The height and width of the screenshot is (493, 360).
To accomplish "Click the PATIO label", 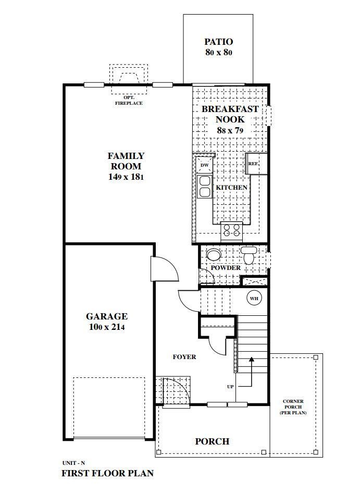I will click(218, 42).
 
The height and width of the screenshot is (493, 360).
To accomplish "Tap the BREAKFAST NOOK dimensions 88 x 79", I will click(230, 130).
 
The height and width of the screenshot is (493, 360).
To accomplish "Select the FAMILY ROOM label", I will click(126, 161).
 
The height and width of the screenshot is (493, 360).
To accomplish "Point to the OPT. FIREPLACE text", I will click(129, 100).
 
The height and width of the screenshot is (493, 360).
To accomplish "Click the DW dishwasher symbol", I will click(205, 165).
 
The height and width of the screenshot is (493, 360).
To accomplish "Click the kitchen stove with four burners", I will click(232, 230).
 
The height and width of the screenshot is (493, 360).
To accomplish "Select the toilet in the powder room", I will click(249, 255).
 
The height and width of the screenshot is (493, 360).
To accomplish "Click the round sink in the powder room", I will click(214, 255).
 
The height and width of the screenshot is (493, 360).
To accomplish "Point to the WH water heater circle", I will click(254, 298).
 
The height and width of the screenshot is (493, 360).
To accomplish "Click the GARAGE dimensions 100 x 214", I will click(107, 327).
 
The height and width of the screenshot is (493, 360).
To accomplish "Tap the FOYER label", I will click(184, 357).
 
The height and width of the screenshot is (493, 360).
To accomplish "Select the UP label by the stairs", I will click(230, 387).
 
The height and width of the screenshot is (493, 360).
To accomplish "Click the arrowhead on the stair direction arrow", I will click(251, 359).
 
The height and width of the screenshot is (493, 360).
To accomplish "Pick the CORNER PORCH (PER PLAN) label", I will click(293, 407).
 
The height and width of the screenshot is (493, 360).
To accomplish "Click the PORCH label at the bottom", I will click(212, 441).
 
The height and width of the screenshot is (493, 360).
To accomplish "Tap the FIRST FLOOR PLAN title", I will click(107, 473).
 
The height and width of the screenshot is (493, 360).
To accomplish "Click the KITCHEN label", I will click(231, 188).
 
